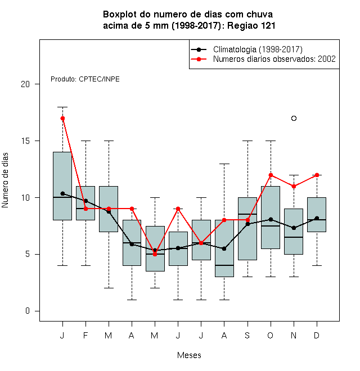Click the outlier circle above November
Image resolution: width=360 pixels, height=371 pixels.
tap(294, 118)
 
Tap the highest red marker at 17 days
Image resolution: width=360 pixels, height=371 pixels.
tap(62, 118)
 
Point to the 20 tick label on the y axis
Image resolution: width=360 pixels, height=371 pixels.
tap(25, 84)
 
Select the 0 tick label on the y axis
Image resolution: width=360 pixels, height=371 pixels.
tap(28, 311)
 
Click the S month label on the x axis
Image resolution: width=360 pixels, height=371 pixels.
tap(247, 336)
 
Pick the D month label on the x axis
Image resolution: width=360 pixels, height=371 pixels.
tap(317, 336)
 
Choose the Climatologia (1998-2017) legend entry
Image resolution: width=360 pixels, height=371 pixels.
tap(247, 49)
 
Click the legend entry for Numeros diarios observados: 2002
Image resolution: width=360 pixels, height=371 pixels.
tap(263, 59)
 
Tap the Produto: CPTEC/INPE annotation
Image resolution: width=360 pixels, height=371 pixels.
tap(85, 79)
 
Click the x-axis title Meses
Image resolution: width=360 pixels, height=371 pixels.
tap(189, 355)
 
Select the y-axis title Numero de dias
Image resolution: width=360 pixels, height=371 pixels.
tap(5, 180)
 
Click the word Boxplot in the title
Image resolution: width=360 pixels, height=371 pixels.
tap(120, 15)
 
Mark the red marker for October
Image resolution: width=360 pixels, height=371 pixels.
tap(271, 175)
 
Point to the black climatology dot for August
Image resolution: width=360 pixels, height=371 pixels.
tap(224, 248)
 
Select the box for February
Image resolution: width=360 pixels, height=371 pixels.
tap(85, 203)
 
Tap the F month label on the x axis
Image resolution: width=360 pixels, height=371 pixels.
tap(85, 336)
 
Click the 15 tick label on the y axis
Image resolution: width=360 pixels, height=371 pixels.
tap(25, 141)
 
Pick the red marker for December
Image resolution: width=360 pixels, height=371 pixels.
tap(317, 175)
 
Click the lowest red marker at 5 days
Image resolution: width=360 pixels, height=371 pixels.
tap(155, 254)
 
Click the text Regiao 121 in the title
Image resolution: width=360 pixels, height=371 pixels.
tap(251, 25)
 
